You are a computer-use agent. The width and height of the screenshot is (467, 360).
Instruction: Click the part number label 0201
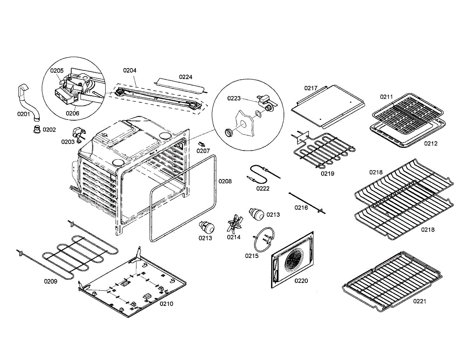tap(23, 114)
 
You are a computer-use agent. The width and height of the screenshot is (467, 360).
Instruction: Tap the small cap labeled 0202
tap(37, 129)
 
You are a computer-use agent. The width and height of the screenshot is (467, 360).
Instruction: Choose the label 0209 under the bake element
tap(51, 281)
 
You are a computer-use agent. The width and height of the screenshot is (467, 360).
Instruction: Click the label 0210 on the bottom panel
tap(167, 304)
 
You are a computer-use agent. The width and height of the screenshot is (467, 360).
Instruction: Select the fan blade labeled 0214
tap(235, 225)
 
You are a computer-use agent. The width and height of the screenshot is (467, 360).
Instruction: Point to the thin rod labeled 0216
tap(307, 202)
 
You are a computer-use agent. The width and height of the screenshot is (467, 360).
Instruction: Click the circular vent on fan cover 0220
tap(294, 260)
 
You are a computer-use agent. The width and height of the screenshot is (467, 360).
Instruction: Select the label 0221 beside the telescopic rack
tap(420, 301)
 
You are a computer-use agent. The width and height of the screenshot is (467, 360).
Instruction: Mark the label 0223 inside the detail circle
tap(234, 98)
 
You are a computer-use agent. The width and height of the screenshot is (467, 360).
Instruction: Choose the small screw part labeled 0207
tap(202, 145)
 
